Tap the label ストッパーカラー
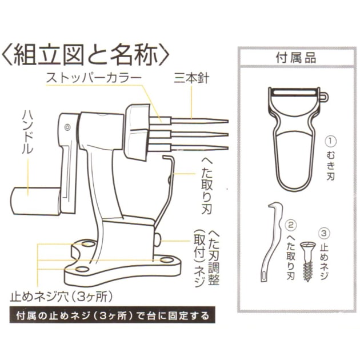point(94,77)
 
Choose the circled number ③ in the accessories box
point(325,232)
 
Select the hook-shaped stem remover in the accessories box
point(269,240)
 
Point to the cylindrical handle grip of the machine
point(31,199)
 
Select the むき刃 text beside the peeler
point(330,166)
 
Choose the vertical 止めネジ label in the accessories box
point(325,263)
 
